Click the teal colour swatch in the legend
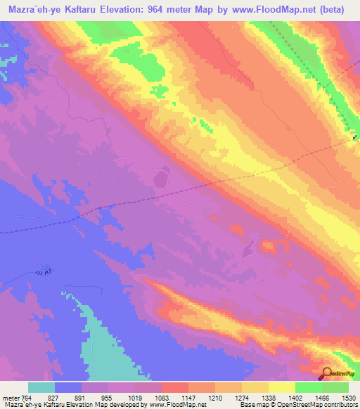tap(41, 387)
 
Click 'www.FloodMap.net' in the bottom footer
tap(172, 405)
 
